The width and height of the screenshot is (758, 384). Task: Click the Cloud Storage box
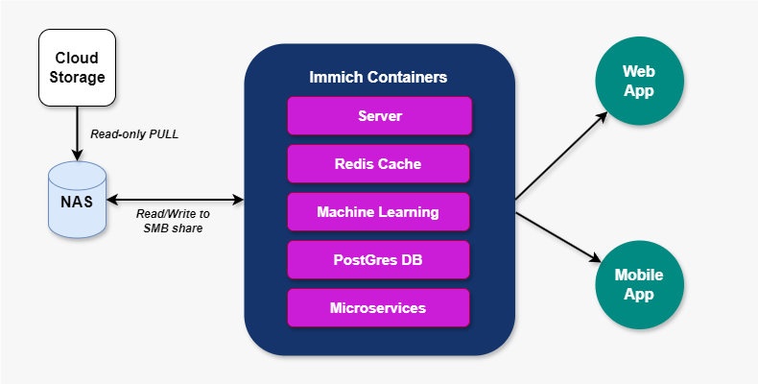(x=77, y=66)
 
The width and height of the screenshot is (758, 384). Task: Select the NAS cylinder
(x=77, y=202)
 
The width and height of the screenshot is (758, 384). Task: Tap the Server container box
(x=379, y=115)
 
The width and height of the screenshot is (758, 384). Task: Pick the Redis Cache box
(x=379, y=164)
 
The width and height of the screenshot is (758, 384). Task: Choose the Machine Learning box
(x=379, y=212)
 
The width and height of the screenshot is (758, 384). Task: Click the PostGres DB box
(x=379, y=260)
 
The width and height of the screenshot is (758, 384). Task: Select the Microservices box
(x=379, y=308)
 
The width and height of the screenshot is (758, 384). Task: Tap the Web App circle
(x=638, y=82)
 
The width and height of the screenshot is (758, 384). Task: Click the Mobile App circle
(x=638, y=284)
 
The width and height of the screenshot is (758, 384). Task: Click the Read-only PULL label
(x=134, y=134)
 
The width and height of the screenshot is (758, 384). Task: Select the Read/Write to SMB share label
(x=173, y=222)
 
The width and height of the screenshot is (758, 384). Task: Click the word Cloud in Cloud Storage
(x=77, y=57)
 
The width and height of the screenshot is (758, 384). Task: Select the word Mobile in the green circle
(x=638, y=275)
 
